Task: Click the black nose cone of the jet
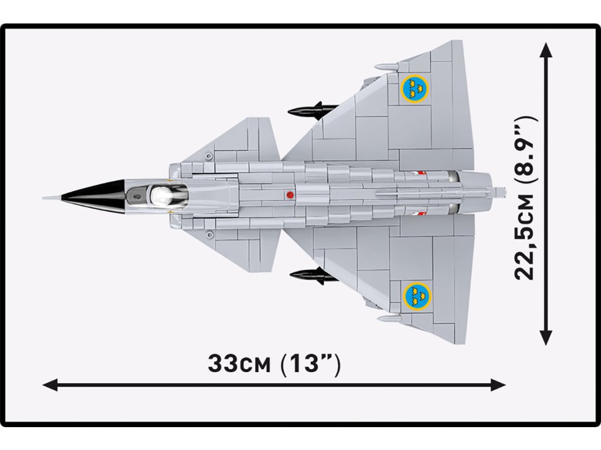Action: click(x=94, y=196)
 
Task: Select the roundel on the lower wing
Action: click(x=417, y=295)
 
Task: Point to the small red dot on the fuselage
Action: click(x=289, y=194)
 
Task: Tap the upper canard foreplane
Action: click(x=241, y=144)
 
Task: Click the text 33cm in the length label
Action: click(x=239, y=364)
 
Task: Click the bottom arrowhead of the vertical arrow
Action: click(x=546, y=339)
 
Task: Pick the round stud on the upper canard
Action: click(x=210, y=155)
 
